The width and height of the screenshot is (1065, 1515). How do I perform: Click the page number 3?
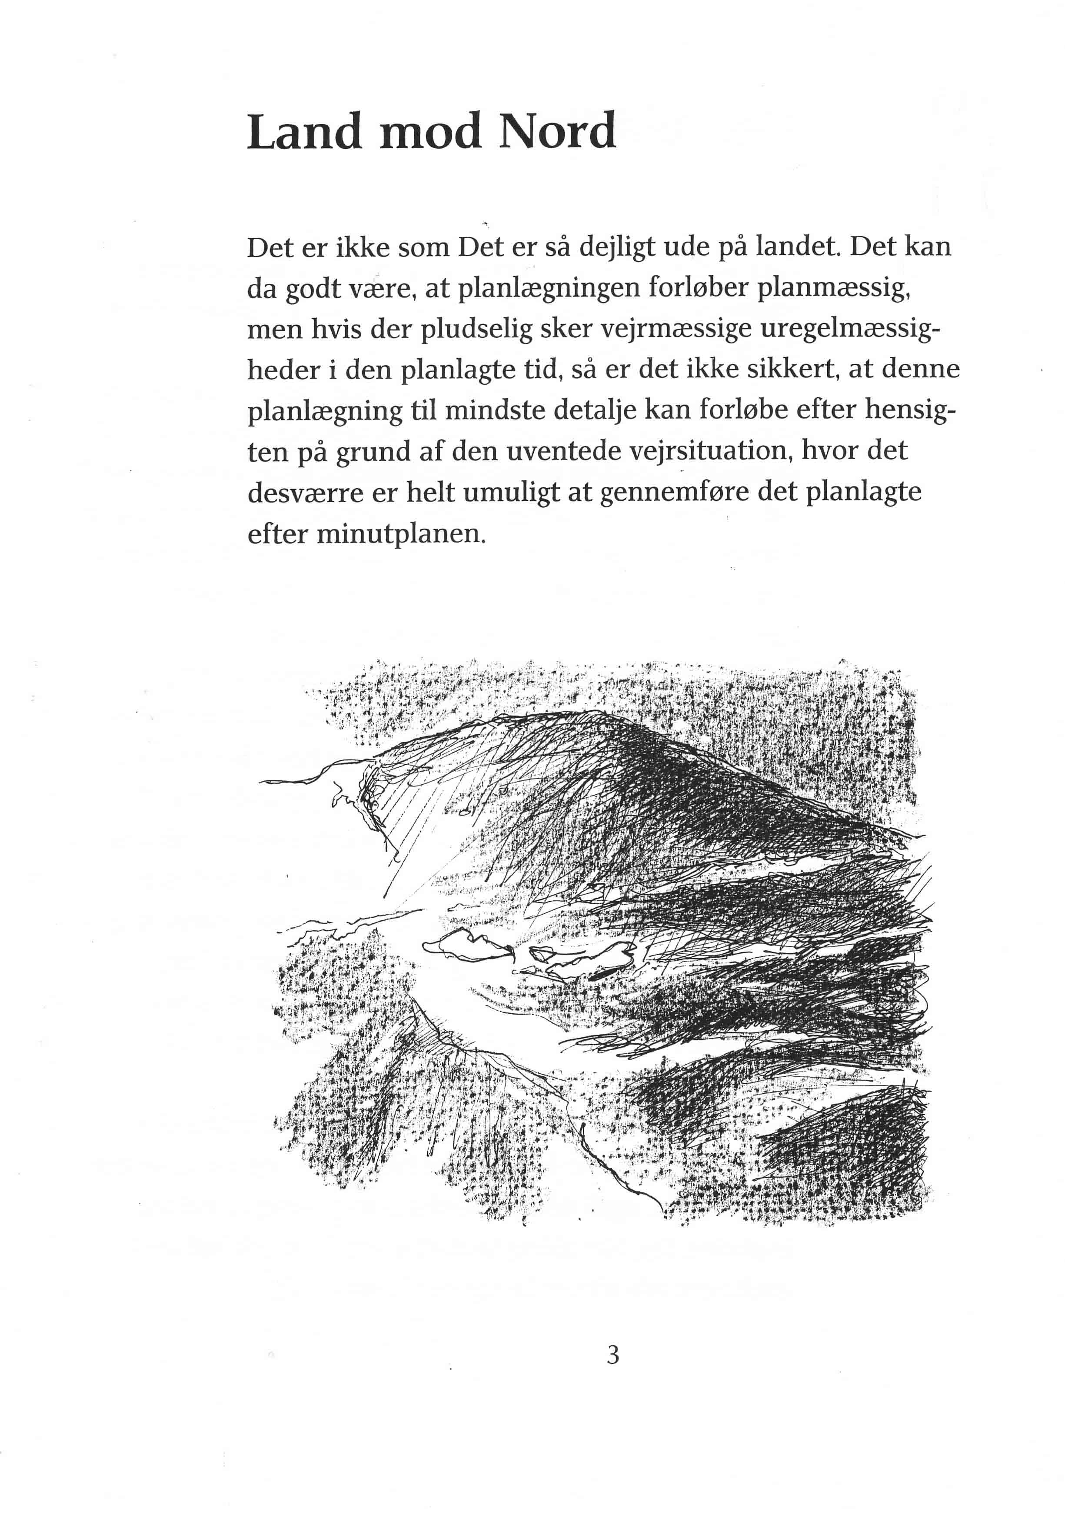click(x=613, y=1355)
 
